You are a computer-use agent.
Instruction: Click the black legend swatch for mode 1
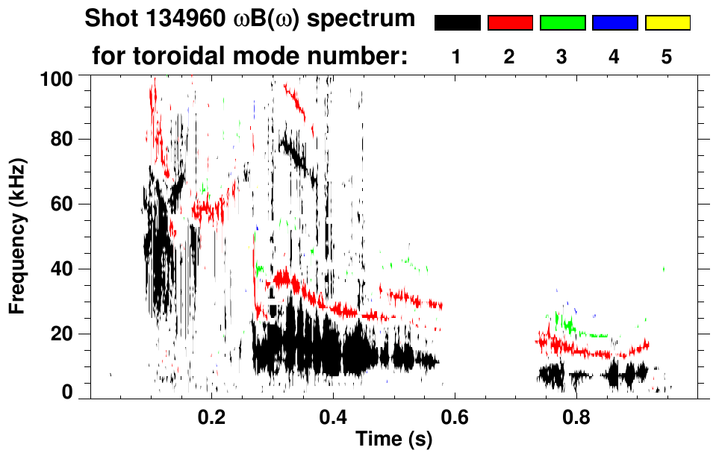coord(457,23)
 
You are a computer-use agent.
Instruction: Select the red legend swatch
coord(510,23)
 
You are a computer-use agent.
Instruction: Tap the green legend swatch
coord(562,23)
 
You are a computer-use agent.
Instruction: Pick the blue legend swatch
coord(614,23)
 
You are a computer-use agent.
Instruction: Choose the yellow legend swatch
coord(667,23)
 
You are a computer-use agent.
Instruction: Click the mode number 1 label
coord(457,58)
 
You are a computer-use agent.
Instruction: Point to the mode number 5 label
coord(667,58)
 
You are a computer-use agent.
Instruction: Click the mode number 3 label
coord(562,58)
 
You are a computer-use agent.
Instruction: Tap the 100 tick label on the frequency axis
coord(59,76)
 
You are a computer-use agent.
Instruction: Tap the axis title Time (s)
coord(393,440)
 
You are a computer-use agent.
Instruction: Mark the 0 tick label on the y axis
coord(67,392)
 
